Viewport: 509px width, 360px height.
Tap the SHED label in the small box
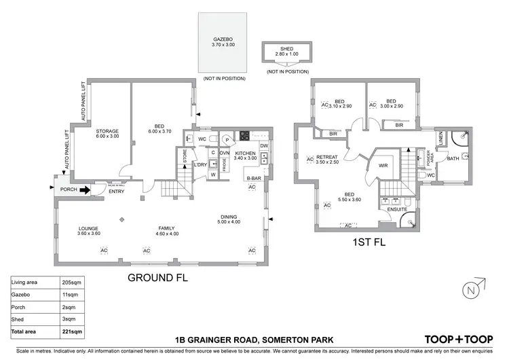click(x=286, y=49)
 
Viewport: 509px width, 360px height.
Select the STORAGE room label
click(x=107, y=131)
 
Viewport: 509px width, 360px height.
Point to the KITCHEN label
click(x=246, y=154)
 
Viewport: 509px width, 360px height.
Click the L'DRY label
click(x=200, y=165)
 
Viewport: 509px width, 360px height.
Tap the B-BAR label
click(x=253, y=179)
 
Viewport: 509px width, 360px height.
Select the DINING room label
click(x=228, y=217)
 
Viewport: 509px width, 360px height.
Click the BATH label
click(x=453, y=158)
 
